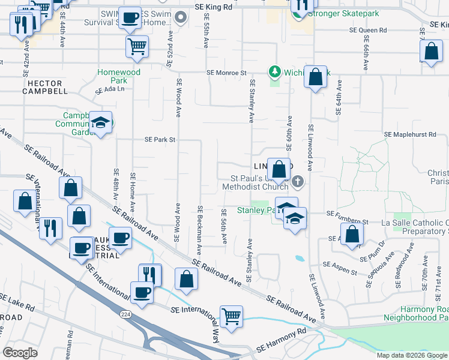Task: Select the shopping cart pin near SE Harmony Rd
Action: pyautogui.click(x=231, y=316)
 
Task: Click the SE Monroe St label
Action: pyautogui.click(x=226, y=73)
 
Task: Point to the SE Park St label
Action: pyautogui.click(x=160, y=140)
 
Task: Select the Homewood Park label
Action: pyautogui.click(x=119, y=76)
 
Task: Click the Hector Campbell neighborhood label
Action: pyautogui.click(x=45, y=87)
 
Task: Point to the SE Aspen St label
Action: pyautogui.click(x=340, y=264)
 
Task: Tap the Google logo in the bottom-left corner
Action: pyautogui.click(x=20, y=353)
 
